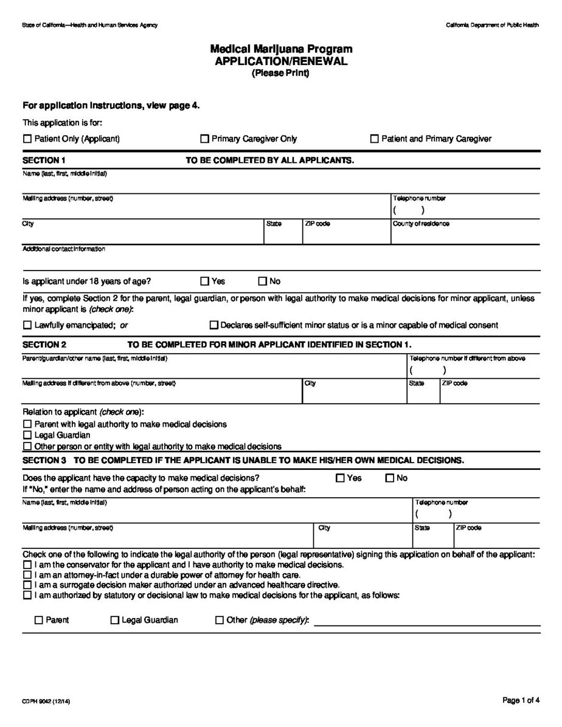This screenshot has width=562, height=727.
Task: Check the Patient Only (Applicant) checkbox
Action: coord(27,139)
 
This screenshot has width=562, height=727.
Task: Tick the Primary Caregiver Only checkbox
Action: coord(204,139)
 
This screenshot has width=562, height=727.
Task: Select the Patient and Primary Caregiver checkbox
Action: coord(375,139)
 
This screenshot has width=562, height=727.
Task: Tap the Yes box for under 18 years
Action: coord(204,281)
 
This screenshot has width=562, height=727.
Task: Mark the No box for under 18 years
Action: coord(263,281)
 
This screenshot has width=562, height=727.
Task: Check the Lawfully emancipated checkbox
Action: coord(27,325)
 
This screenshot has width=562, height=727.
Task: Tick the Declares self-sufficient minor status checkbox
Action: coord(213,325)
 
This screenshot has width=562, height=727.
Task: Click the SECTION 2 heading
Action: coord(44,345)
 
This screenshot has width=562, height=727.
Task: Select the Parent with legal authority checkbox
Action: coord(27,424)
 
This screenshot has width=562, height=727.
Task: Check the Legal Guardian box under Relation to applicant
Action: coord(27,435)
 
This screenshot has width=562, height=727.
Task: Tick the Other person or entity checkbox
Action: coord(27,446)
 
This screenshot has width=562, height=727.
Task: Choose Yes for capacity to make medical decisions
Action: coord(340,478)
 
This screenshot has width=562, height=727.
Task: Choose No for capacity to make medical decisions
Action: coord(390,478)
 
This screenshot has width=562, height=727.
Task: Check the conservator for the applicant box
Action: coord(27,565)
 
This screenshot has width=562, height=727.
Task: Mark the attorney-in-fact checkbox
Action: coord(27,575)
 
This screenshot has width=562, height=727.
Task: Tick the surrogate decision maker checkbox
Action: coord(27,585)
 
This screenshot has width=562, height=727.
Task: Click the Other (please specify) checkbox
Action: coord(220,621)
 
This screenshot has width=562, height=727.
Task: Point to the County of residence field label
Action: coord(421,224)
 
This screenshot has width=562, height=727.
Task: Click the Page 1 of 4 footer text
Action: coord(521,701)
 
